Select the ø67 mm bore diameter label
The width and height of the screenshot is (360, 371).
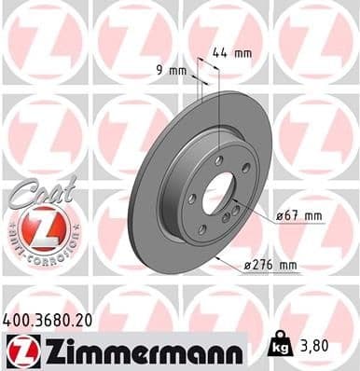(x=298, y=216)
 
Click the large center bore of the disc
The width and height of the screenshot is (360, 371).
(x=219, y=194)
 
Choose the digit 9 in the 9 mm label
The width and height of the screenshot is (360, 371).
(x=159, y=69)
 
